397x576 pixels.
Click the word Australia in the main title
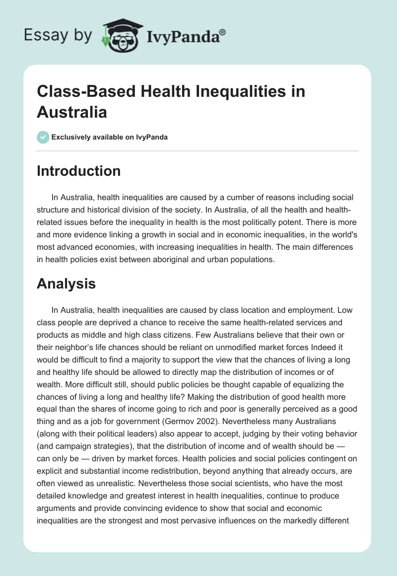click(x=72, y=112)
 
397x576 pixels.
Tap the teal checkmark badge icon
click(x=43, y=137)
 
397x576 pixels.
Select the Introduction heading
click(x=78, y=171)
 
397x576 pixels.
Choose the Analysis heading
click(x=66, y=284)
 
